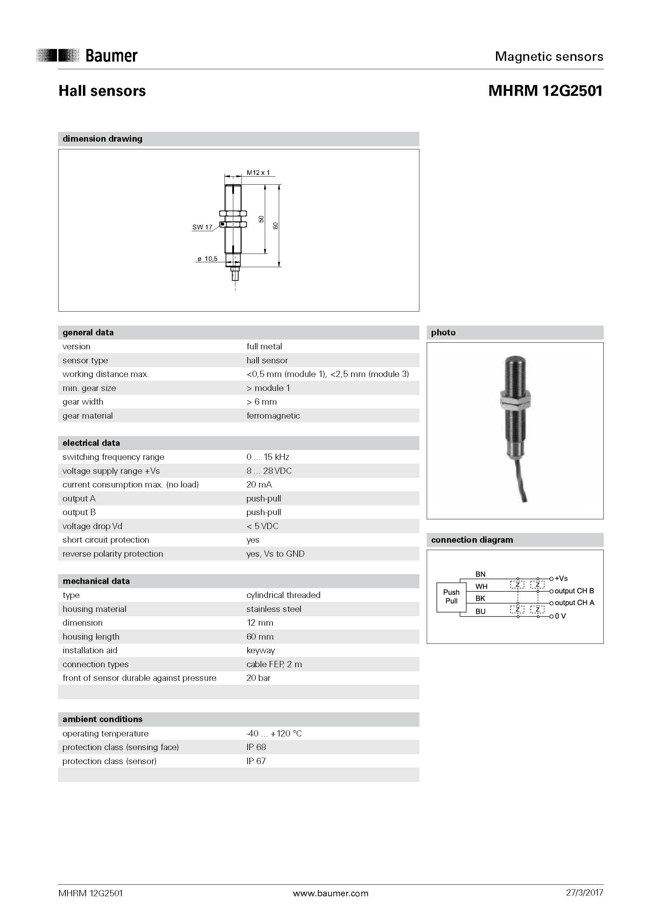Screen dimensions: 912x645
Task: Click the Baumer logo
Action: [87, 56]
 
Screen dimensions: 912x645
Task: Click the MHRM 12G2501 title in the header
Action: [545, 91]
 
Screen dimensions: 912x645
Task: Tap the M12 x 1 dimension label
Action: [258, 172]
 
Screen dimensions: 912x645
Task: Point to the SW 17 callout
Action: [202, 227]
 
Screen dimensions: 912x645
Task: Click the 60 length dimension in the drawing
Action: [275, 225]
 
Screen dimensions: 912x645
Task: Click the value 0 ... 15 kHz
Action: [268, 457]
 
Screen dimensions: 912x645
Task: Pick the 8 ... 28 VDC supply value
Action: [269, 471]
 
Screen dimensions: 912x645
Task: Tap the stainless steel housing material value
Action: [274, 609]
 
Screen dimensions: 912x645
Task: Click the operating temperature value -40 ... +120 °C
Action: [274, 733]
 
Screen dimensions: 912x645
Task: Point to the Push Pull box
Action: [451, 597]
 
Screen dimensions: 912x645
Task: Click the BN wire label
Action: [480, 574]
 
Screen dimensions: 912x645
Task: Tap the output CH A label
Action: [574, 603]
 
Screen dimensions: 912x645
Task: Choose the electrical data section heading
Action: [91, 443]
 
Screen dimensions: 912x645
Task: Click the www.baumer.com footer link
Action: [330, 893]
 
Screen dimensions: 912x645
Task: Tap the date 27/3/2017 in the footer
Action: [584, 892]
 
